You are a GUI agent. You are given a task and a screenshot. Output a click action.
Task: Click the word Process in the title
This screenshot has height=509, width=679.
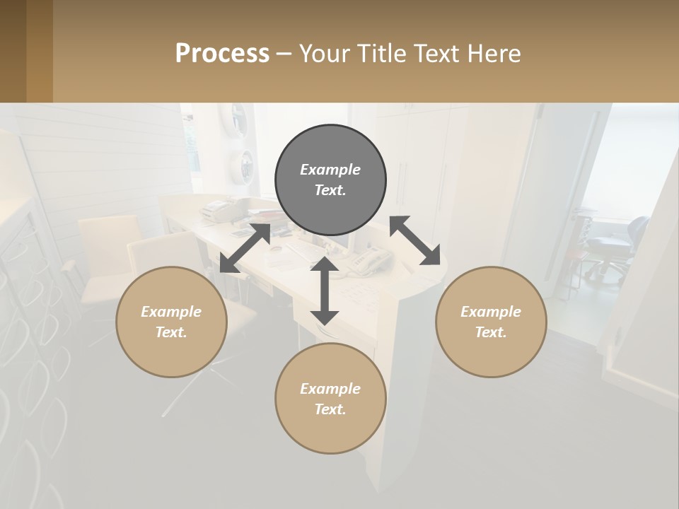point(222,54)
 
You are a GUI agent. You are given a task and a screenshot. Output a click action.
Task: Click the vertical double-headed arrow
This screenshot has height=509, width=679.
point(325,291)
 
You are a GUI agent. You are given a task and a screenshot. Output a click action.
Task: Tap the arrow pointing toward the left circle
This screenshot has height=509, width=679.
point(245,248)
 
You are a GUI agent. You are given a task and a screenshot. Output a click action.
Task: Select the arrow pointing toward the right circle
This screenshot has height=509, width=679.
point(415,240)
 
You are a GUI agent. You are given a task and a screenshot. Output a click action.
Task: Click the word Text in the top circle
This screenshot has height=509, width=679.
point(330,190)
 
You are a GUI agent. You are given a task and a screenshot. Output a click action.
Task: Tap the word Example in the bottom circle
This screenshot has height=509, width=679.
point(330,388)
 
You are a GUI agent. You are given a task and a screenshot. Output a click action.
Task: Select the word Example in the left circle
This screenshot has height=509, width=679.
point(171,311)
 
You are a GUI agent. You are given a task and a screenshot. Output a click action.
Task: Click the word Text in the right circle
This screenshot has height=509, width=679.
point(491,332)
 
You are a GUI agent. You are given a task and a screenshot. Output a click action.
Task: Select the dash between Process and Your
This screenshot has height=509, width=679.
point(284,54)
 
